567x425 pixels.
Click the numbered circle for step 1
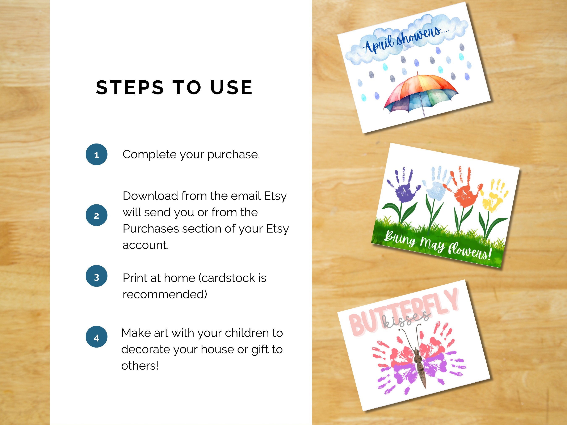point(96,154)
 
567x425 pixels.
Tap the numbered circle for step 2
point(96,215)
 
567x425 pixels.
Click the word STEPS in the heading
point(130,87)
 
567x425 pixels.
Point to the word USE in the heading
point(231,87)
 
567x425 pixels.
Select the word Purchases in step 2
point(151,229)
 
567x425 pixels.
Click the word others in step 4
point(139,366)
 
